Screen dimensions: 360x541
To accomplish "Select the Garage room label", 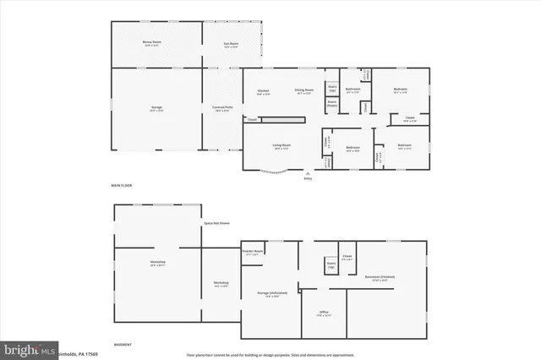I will [156, 107].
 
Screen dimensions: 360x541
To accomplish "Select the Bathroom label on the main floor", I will [353, 90].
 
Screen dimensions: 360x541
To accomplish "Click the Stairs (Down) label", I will [332, 103].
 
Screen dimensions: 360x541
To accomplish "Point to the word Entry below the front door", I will [308, 178].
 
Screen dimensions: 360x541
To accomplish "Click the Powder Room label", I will [253, 251].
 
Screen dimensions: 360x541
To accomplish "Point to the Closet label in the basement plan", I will [347, 256].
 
